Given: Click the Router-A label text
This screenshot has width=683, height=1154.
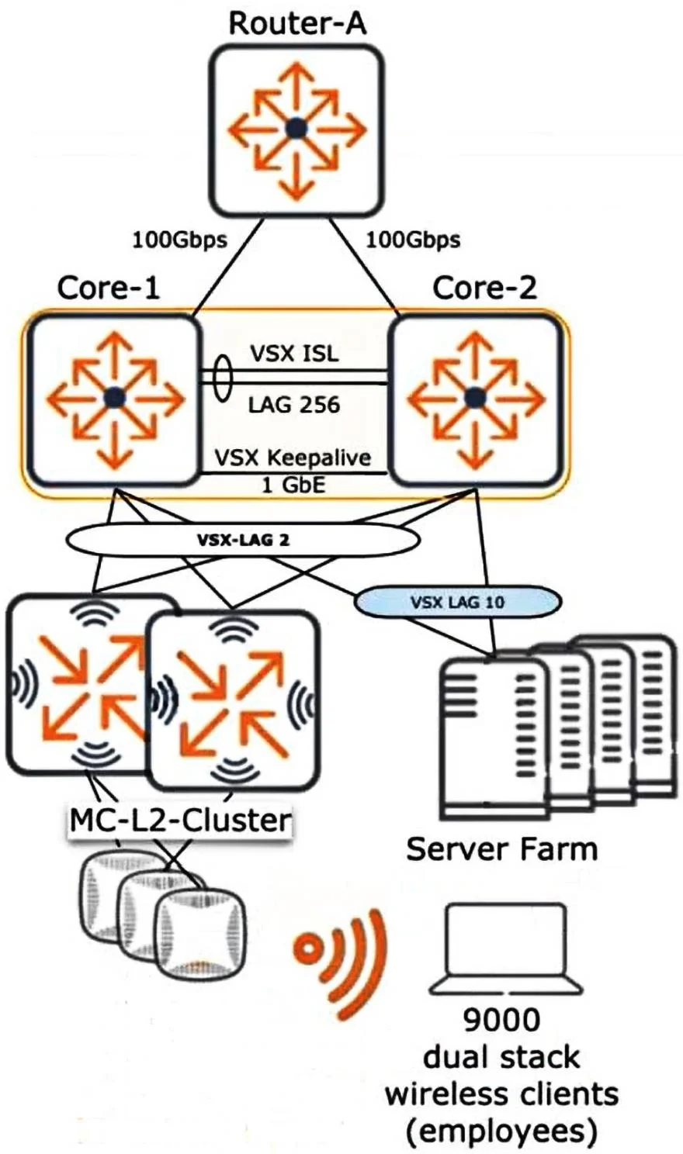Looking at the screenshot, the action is [297, 24].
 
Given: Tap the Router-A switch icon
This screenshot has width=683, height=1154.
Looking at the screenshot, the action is [297, 130].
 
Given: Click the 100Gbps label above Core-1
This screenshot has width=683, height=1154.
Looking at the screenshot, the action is [180, 240].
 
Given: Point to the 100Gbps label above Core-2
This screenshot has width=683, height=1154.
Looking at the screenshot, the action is [413, 240].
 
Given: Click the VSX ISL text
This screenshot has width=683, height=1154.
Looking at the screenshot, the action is [295, 354].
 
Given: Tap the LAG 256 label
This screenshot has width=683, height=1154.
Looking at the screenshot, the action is [294, 405].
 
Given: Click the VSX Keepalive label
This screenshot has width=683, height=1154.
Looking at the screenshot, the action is [293, 458].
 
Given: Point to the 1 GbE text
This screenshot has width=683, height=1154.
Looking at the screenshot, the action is [294, 485].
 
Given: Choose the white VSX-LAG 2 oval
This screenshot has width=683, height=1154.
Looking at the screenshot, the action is [243, 540].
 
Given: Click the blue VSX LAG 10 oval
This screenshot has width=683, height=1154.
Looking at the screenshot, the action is [457, 601].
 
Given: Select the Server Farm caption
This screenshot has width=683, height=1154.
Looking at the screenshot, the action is [501, 849].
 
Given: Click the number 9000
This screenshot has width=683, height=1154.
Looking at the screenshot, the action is [501, 1020].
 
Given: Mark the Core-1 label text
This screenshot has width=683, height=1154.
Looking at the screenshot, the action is [108, 288].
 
